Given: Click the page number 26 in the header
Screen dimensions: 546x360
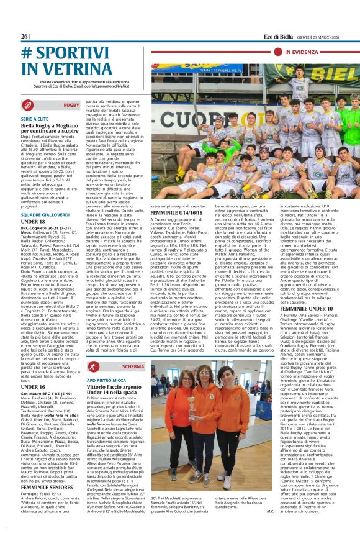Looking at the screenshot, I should (24, 36).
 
